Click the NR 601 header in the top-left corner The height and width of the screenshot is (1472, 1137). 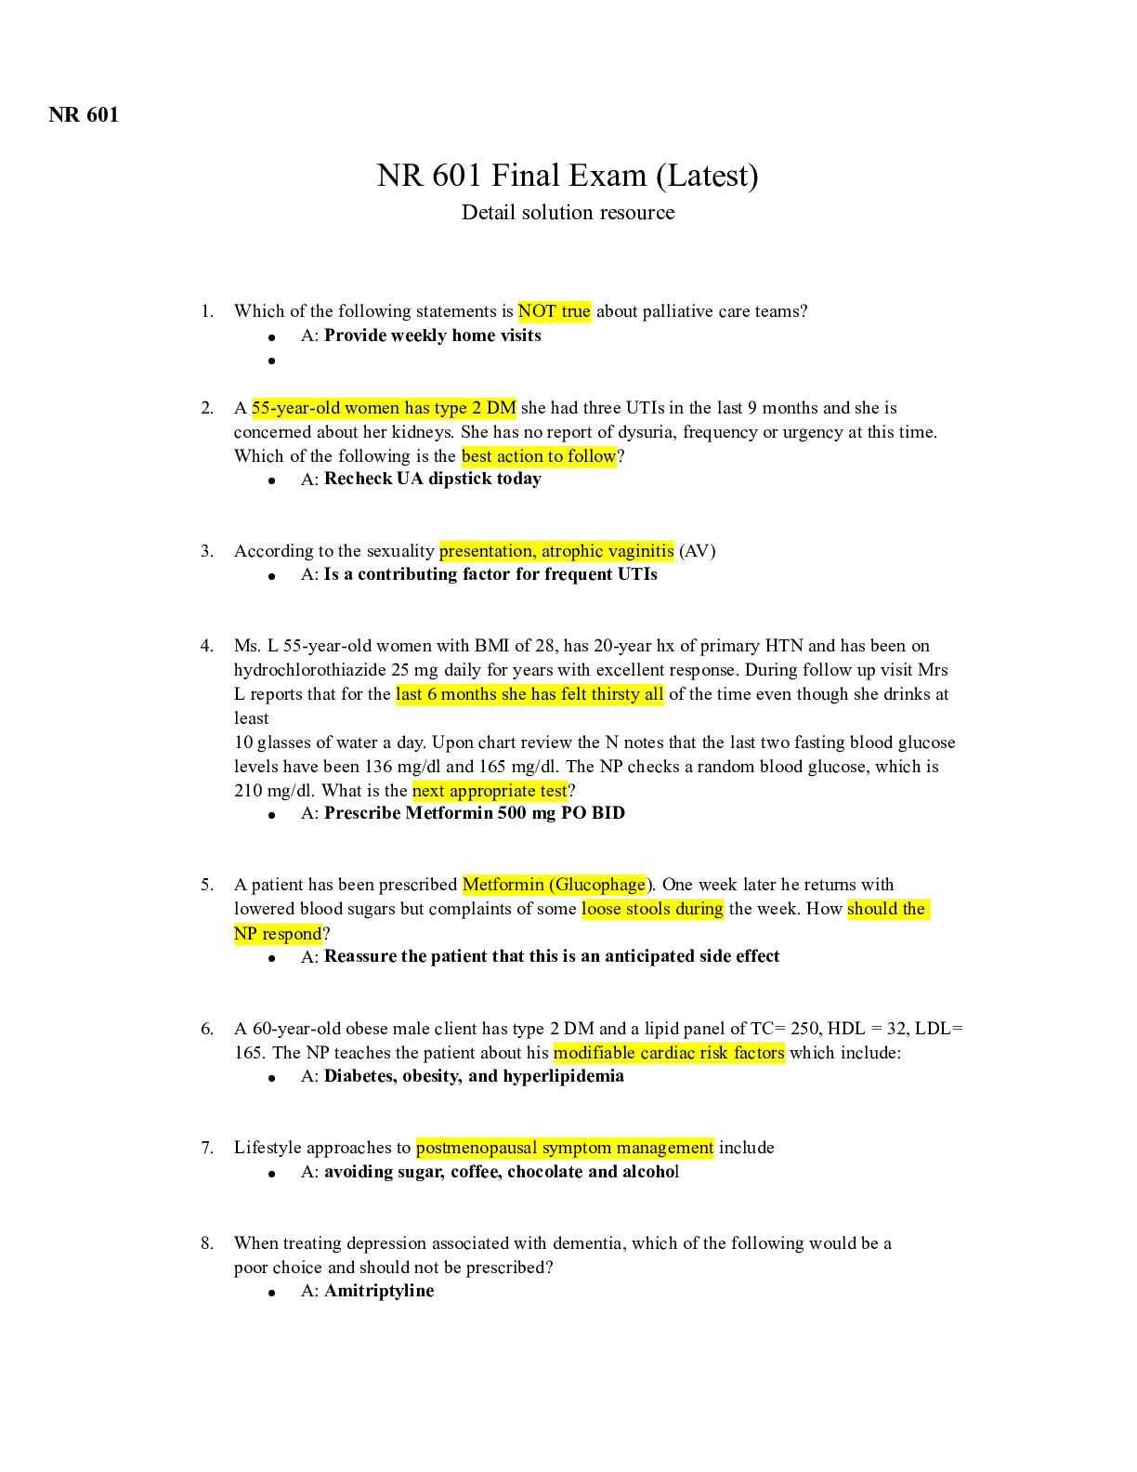(x=84, y=114)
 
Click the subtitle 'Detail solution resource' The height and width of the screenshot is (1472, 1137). (x=568, y=213)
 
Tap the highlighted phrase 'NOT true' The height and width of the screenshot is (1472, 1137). (x=555, y=311)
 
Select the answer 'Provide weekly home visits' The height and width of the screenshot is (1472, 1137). (x=432, y=335)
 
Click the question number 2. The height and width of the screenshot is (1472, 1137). (x=207, y=408)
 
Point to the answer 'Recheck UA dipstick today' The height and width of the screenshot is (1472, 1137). (x=432, y=479)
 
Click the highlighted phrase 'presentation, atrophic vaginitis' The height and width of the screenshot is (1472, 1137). (x=556, y=551)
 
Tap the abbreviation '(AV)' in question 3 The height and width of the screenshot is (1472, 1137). (x=697, y=551)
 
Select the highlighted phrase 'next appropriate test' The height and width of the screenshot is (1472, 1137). (x=490, y=791)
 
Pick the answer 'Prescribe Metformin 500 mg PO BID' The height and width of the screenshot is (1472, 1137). (x=474, y=813)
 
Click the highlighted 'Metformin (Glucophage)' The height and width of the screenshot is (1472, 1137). (x=554, y=885)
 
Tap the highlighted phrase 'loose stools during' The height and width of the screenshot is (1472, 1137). (x=652, y=909)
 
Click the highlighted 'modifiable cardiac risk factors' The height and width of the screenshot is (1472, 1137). (x=669, y=1053)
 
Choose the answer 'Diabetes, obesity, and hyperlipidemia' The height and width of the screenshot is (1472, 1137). (x=474, y=1076)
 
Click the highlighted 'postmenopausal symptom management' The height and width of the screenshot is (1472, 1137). (x=565, y=1148)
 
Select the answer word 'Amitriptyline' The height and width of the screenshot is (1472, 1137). (x=379, y=1291)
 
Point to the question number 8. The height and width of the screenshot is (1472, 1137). (x=207, y=1243)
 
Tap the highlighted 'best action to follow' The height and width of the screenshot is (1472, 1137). (x=539, y=456)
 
